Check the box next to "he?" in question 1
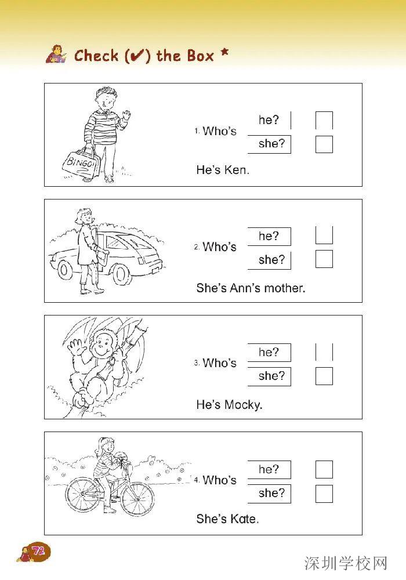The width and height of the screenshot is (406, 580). tap(324, 120)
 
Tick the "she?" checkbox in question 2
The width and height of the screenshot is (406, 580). tap(324, 259)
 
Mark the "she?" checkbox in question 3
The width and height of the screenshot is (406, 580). tap(324, 376)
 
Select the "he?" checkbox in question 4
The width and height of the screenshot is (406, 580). tap(324, 469)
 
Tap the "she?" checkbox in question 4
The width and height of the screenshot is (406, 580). tap(324, 494)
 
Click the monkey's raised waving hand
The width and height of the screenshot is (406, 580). tap(76, 347)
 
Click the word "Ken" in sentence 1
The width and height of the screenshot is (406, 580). tap(237, 170)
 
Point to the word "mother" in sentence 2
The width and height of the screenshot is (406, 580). tap(285, 288)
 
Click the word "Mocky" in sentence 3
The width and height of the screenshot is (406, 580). tap(243, 405)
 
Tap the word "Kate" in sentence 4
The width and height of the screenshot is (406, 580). tap(244, 519)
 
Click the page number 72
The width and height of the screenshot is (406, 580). tap(38, 552)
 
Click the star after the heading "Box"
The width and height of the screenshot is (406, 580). tap(224, 52)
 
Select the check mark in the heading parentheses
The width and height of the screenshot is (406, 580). tap(137, 56)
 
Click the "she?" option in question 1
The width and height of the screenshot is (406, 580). tap(272, 143)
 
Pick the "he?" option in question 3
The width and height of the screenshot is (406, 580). tap(269, 352)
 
